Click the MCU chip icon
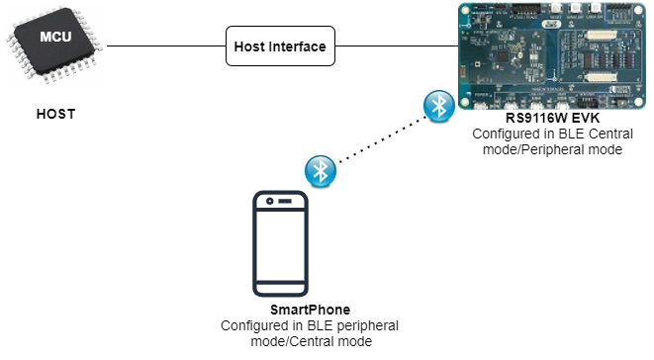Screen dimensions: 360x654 (55, 45)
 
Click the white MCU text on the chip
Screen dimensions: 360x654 (54, 37)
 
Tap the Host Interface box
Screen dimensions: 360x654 (281, 46)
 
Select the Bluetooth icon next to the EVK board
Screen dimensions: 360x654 (436, 107)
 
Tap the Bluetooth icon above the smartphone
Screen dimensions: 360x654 (320, 170)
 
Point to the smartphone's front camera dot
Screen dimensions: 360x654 (266, 201)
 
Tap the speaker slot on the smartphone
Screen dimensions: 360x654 (284, 201)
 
